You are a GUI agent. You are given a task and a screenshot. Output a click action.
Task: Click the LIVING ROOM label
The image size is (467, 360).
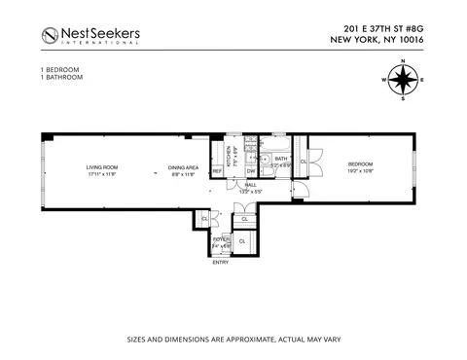[101, 167]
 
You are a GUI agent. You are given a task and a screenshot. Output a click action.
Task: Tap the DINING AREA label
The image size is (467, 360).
[184, 167]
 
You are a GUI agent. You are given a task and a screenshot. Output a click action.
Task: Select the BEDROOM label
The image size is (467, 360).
[361, 164]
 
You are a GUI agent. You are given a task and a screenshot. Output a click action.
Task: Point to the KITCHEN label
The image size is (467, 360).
[231, 157]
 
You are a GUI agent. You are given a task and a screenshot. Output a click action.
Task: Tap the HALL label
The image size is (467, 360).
[250, 184]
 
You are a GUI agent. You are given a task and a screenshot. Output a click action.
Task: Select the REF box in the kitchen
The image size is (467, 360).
[218, 172]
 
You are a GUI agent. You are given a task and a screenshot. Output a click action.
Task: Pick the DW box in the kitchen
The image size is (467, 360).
[250, 171]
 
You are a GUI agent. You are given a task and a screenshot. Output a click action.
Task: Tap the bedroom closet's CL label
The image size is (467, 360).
[305, 162]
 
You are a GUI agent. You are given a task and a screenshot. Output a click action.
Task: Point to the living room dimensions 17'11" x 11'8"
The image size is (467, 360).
[101, 175]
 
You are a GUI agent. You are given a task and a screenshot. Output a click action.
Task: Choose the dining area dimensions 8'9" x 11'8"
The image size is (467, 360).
[184, 175]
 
